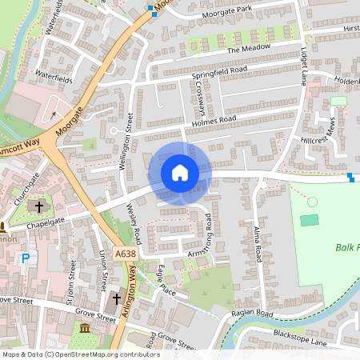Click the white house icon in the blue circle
180,173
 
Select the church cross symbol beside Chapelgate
38,206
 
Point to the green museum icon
85,328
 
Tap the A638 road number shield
125,254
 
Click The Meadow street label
245,49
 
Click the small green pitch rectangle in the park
309,219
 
